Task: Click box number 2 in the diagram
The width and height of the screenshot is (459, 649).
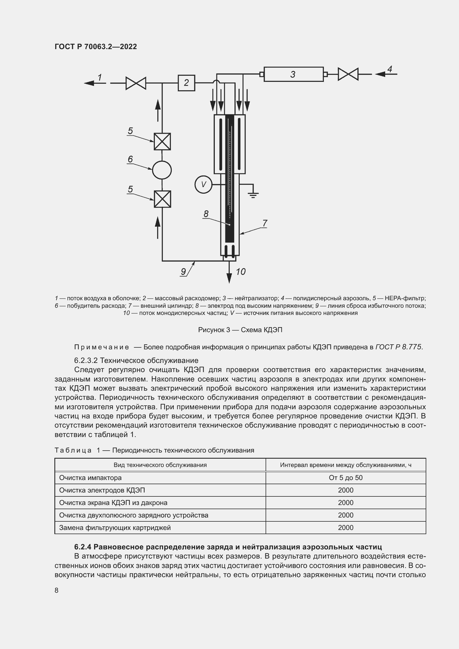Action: pyautogui.click(x=186, y=83)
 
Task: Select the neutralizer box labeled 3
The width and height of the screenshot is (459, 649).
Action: pyautogui.click(x=293, y=74)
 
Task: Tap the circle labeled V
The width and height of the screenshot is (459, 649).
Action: pyautogui.click(x=203, y=185)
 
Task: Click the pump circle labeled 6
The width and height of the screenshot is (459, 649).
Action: pyautogui.click(x=162, y=170)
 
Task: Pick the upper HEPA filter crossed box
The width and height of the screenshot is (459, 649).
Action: pyautogui.click(x=162, y=141)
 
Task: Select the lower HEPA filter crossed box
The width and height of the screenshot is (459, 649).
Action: pyautogui.click(x=162, y=199)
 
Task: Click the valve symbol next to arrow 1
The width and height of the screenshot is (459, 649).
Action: pyautogui.click(x=136, y=83)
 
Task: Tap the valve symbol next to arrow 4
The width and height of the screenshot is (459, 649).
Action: pyautogui.click(x=348, y=74)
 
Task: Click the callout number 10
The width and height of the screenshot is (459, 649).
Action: pyautogui.click(x=241, y=272)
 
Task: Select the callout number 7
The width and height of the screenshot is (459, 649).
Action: pyautogui.click(x=264, y=223)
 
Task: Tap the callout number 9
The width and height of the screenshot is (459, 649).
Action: pyautogui.click(x=183, y=272)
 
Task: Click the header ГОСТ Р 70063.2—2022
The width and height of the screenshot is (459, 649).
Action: pyautogui.click(x=95, y=47)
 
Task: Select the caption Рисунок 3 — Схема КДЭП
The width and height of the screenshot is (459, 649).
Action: pyautogui.click(x=240, y=330)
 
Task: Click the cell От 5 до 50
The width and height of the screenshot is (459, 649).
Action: pyautogui.click(x=345, y=478)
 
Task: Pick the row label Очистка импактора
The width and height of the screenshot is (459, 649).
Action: pyautogui.click(x=90, y=478)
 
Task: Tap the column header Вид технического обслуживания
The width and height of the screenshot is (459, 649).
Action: pyautogui.click(x=160, y=465)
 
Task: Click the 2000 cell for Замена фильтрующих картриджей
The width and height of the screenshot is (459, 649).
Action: pyautogui.click(x=345, y=527)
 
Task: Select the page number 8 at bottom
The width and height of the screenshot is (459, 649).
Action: pyautogui.click(x=57, y=590)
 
